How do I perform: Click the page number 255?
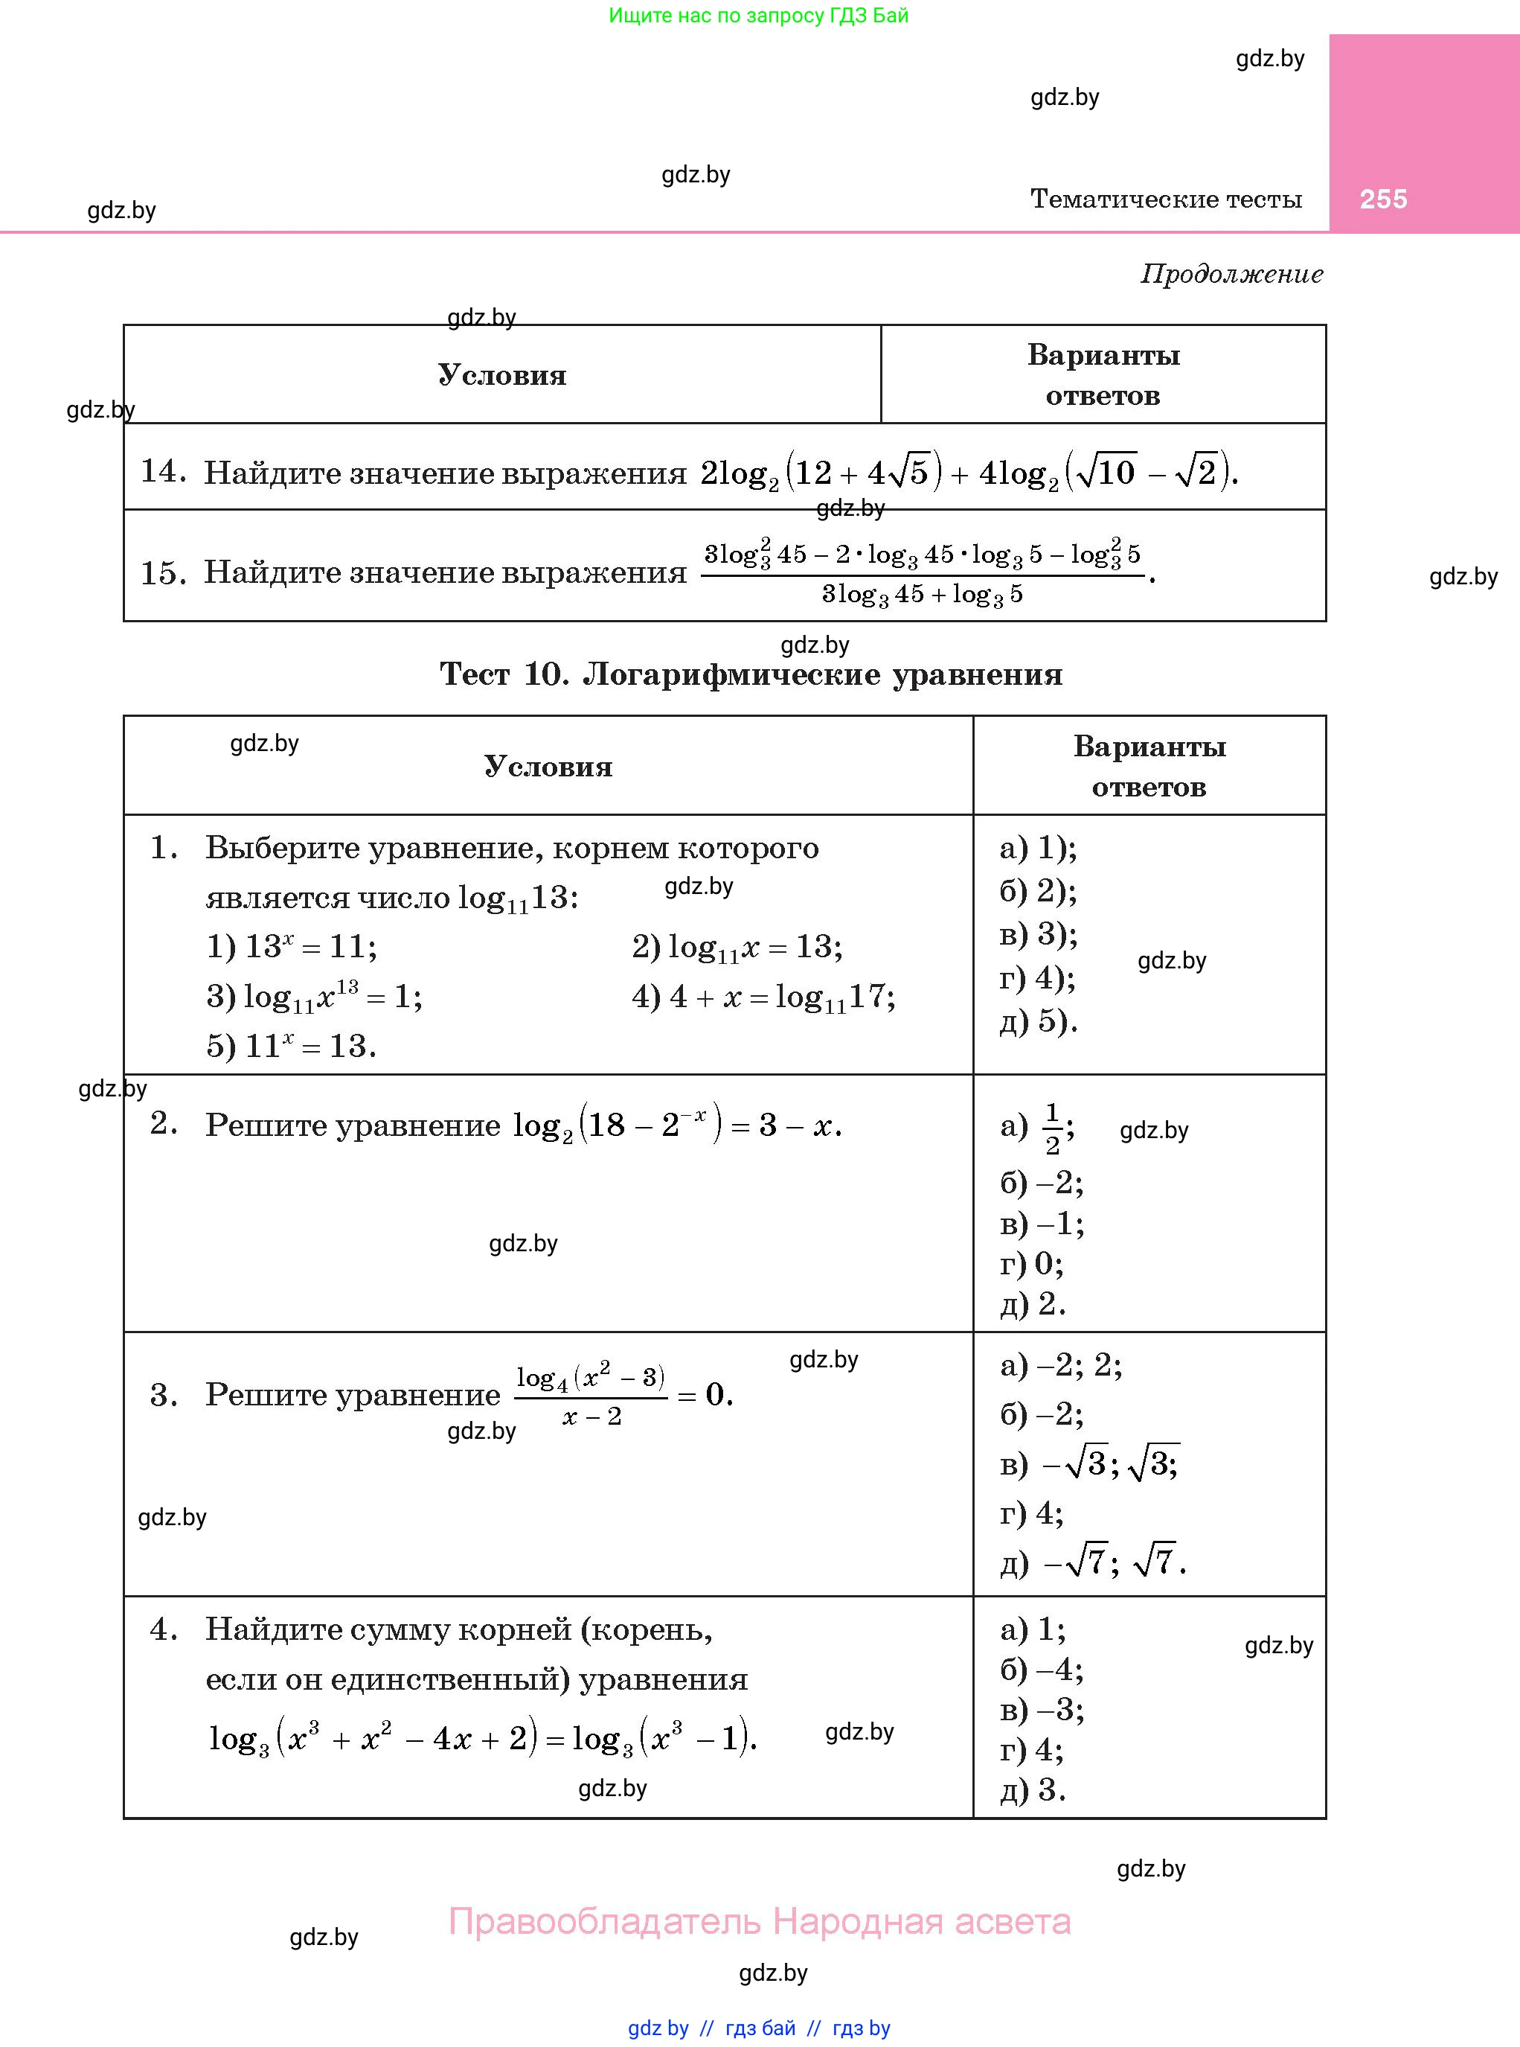coord(1383,199)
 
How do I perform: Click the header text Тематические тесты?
coord(1166,199)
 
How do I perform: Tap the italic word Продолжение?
coord(1231,273)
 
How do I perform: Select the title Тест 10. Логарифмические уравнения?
coord(751,674)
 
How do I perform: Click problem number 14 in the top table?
coord(162,471)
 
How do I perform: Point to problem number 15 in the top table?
coord(162,572)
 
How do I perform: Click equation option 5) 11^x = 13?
coord(291,1046)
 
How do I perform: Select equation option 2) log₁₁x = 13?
coord(736,947)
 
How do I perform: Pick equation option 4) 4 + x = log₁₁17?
coord(763,997)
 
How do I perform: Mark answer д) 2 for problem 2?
coord(1033,1303)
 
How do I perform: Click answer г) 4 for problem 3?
coord(1031,1513)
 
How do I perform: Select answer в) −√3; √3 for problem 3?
coord(1089,1463)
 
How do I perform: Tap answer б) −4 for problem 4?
coord(1042,1670)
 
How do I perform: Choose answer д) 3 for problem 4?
coord(1033,1790)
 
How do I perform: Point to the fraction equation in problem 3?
coord(623,1396)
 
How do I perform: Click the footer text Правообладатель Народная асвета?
coord(759,1922)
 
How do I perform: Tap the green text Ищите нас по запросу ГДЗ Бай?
coord(758,16)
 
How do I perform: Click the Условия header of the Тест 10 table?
coord(548,767)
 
